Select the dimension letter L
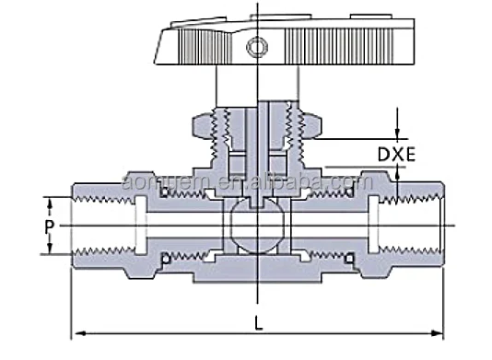click(x=259, y=324)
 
